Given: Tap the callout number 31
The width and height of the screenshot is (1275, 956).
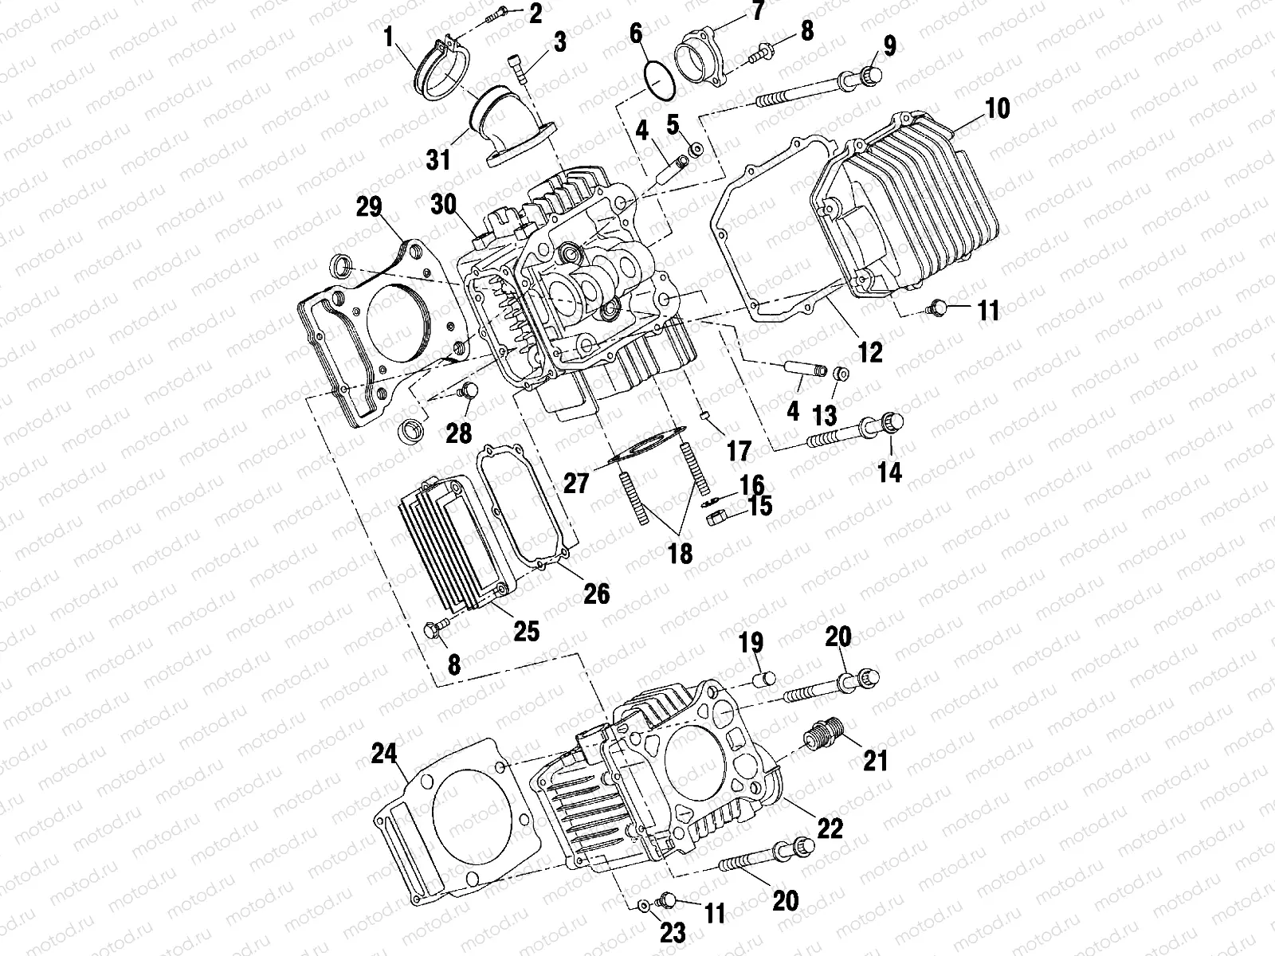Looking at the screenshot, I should click(x=437, y=159).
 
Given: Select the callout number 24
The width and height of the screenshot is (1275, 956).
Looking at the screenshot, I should click(x=386, y=752).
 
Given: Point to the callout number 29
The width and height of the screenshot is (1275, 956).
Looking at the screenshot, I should click(x=368, y=210).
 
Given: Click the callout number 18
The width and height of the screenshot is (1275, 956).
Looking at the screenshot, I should click(x=680, y=553).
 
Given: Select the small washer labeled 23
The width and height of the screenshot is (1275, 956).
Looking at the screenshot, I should click(x=641, y=904).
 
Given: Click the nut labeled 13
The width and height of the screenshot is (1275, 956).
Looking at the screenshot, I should click(x=839, y=374).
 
